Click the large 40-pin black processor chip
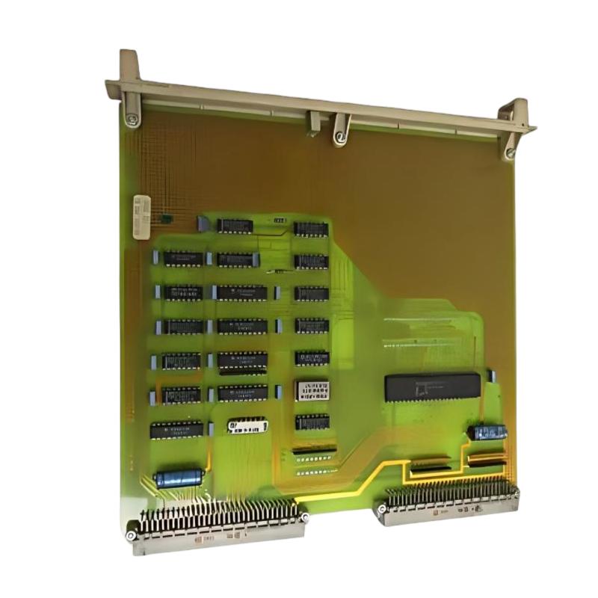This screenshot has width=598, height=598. coord(432,386)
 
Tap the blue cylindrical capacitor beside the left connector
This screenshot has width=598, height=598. coord(179,478)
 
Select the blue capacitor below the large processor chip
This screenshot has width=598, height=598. coord(487,432)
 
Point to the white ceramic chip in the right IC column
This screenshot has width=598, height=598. coord(312,390)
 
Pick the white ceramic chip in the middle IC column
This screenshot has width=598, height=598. coord(247,425)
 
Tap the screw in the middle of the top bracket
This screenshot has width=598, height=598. coord(339,137)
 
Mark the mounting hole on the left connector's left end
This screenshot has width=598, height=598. coord(132,535)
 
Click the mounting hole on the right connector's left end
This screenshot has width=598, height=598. coord(381,510)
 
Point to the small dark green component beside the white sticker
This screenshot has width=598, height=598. coord(166,219)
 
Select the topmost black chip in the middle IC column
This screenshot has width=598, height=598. coord(235,225)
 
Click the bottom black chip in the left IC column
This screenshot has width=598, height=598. coord(176,430)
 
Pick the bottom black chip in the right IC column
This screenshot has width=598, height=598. coord(312,422)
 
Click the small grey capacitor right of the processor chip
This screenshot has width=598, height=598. coord(491,375)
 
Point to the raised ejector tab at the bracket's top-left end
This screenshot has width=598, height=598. coord(129,64)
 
